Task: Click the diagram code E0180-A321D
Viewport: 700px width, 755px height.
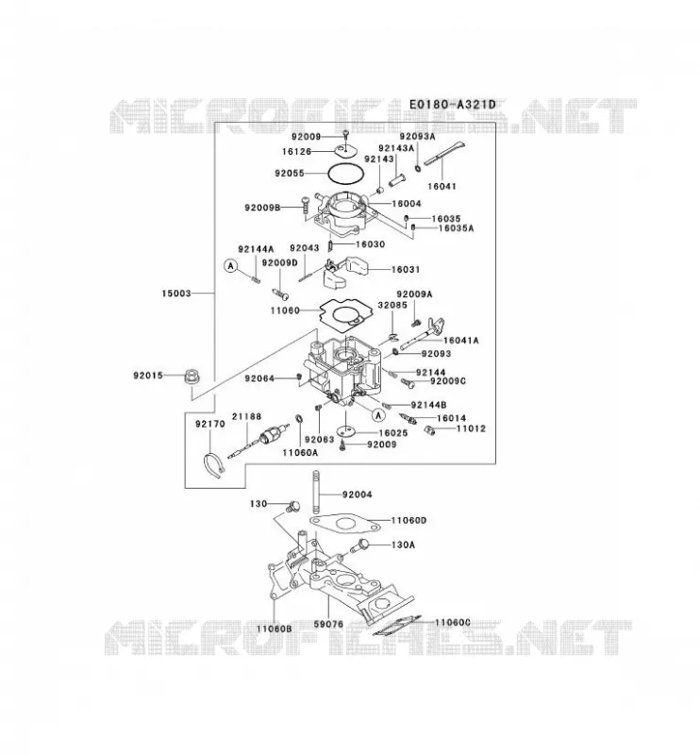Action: (452, 105)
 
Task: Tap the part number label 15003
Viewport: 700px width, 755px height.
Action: (176, 294)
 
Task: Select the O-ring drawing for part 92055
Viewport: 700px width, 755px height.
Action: (345, 173)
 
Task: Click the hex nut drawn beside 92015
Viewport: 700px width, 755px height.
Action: (192, 376)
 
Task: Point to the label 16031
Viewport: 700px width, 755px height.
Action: (406, 270)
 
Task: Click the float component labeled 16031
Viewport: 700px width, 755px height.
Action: (344, 272)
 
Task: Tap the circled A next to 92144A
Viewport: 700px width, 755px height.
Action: (231, 265)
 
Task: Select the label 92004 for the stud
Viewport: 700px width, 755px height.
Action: (358, 495)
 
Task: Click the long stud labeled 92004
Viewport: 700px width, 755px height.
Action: (316, 492)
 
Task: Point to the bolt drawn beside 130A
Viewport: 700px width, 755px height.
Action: (359, 546)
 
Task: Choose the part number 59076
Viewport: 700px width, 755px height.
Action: (329, 624)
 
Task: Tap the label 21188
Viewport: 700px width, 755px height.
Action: (246, 416)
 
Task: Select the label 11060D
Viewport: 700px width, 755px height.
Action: (408, 521)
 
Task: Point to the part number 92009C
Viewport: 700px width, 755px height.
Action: (448, 381)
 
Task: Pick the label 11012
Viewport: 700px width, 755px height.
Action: (471, 428)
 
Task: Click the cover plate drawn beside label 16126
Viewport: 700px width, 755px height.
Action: (346, 151)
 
